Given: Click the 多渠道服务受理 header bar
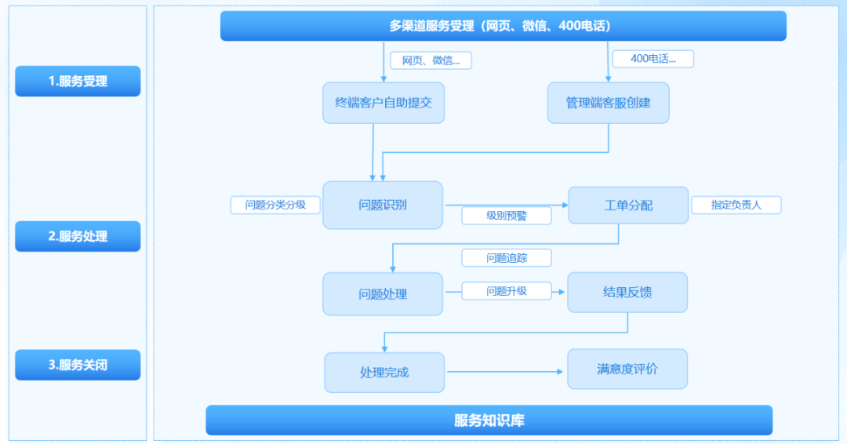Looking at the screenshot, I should [x=503, y=26].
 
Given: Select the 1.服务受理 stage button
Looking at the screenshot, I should [x=78, y=81].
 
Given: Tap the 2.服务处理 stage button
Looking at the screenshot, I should [x=78, y=236].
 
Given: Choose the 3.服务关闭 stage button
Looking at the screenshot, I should [x=78, y=365].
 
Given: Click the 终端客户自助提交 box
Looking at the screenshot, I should [x=384, y=103].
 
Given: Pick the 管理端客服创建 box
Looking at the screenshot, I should [x=608, y=103].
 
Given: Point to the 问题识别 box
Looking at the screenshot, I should [x=383, y=206].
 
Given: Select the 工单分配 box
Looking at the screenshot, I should [x=628, y=206].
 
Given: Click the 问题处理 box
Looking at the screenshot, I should [x=383, y=294].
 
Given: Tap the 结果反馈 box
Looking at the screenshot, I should [x=627, y=293].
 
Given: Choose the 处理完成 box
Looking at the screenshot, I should [x=384, y=373].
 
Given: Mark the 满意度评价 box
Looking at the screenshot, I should [x=627, y=369].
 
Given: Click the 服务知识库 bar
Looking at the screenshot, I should [x=489, y=420].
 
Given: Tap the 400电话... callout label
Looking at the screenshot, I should [x=653, y=59].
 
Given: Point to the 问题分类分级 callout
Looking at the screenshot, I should [x=275, y=206].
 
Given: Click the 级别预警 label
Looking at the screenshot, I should [x=507, y=216].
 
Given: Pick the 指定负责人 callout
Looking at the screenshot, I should [x=736, y=206].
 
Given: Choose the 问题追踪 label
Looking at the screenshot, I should [x=507, y=258].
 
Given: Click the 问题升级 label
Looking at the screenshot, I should [x=507, y=291].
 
